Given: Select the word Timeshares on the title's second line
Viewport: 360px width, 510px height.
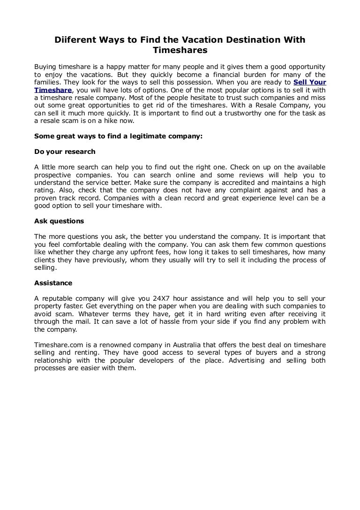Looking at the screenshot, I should coord(180,50).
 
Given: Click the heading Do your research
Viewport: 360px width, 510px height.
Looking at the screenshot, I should coord(65,152).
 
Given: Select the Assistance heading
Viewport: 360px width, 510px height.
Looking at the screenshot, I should coord(53,283).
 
